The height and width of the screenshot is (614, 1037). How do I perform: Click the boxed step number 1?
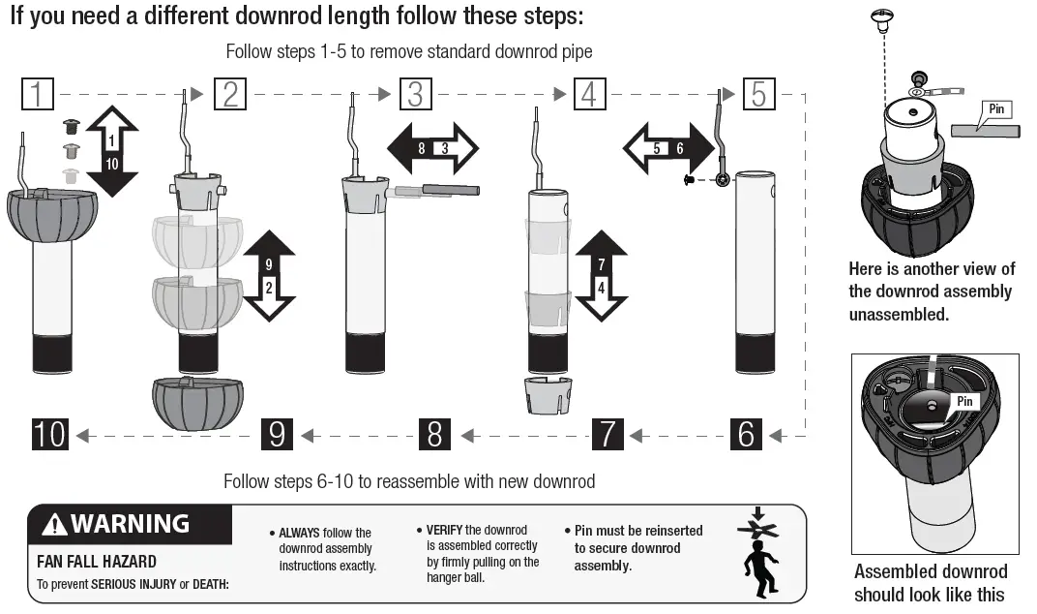[x=37, y=94]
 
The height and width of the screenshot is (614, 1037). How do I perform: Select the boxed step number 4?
[x=589, y=94]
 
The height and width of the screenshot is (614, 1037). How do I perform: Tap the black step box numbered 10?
[x=50, y=434]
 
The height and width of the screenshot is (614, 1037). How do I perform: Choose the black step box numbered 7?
[x=607, y=434]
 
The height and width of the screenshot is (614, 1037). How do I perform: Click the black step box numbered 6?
[x=745, y=434]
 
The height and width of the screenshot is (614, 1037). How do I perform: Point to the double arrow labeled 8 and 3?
[x=432, y=148]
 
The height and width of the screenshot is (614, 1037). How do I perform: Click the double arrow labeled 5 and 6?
[x=668, y=148]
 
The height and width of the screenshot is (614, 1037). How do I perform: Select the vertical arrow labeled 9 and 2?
[x=268, y=275]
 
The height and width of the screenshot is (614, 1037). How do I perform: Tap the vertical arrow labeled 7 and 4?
[x=601, y=275]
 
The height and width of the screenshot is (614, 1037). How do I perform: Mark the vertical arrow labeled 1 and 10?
[x=112, y=152]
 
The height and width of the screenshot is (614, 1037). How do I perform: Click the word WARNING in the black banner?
[x=130, y=525]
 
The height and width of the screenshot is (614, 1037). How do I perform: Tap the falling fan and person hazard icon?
[x=759, y=554]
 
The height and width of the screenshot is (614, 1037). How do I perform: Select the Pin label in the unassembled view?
[x=996, y=110]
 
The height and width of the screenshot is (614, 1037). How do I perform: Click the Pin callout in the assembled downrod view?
[x=964, y=401]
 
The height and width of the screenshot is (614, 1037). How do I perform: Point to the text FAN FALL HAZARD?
[x=97, y=562]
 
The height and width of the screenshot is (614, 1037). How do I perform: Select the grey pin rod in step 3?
[x=451, y=190]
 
